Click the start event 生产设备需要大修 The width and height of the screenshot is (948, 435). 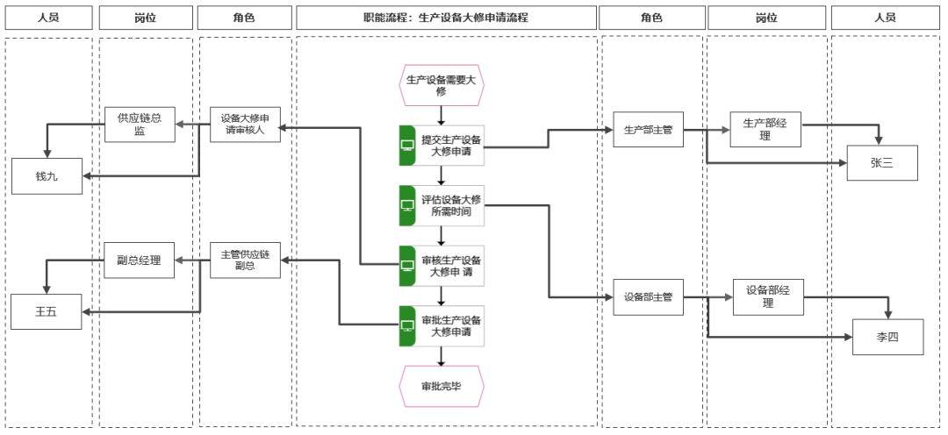coord(442,85)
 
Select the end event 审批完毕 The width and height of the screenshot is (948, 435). coord(442,386)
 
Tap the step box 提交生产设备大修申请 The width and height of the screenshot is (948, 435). coord(442,146)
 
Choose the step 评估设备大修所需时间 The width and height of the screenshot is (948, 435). coord(442,205)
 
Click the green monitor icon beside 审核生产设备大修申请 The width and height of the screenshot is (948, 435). coord(407,266)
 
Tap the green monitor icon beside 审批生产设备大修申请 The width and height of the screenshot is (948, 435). coord(407,325)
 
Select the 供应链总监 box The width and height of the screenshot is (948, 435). coord(140,125)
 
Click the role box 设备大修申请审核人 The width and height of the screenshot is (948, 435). coord(246,125)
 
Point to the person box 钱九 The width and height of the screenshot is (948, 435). coord(47,175)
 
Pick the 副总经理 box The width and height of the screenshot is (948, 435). coord(139,260)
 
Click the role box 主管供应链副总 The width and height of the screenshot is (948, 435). coord(246,260)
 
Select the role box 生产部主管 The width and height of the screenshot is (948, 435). coord(648,129)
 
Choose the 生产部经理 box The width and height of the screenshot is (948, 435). coord(765,129)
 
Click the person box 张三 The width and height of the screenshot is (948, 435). coord(882,162)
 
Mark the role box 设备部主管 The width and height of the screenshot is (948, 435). coord(648,296)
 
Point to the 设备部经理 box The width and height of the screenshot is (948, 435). coord(768,296)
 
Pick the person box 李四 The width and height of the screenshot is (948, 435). coord(888,337)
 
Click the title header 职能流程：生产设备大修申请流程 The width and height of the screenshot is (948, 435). coord(446,18)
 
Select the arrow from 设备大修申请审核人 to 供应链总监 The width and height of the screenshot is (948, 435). coord(193,125)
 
